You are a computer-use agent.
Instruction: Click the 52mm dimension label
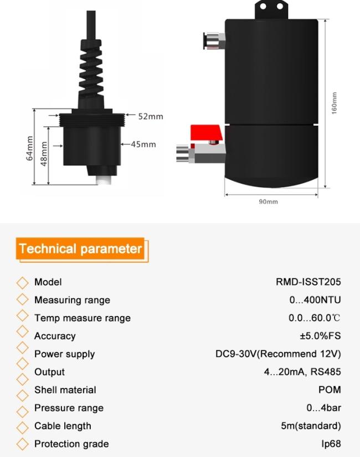pos(151,116)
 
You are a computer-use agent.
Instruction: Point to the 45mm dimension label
pos(143,144)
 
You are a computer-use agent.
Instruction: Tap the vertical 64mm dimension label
pos(29,148)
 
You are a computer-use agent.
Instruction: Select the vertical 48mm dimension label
pos(44,154)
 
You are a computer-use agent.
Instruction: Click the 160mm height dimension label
pos(335,103)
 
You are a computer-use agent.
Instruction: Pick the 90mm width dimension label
pos(269,202)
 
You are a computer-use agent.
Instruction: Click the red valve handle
pos(206,133)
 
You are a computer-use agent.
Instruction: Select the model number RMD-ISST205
pos(308,282)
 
